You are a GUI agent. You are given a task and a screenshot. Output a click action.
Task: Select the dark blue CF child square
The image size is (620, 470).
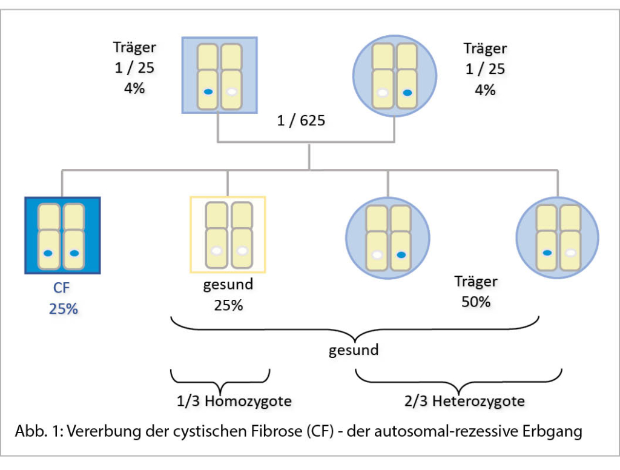point(62,236)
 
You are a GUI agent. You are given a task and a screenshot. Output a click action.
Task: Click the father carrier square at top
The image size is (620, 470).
point(220,75)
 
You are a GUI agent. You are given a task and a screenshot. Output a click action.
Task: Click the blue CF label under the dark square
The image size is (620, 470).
point(62,288)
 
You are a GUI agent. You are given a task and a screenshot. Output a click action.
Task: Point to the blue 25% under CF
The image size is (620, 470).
point(63,308)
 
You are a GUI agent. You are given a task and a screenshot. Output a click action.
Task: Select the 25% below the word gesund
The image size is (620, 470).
point(228,305)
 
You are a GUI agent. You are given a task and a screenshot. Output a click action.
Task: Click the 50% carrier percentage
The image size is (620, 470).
point(476,302)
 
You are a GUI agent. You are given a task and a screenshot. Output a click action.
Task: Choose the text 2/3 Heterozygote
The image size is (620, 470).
point(464,400)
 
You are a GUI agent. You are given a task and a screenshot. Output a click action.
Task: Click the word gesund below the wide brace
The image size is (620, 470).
point(354,350)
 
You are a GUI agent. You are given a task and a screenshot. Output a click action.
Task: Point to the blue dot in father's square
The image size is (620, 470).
point(208,92)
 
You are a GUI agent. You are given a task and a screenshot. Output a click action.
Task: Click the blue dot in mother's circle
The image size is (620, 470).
point(407,93)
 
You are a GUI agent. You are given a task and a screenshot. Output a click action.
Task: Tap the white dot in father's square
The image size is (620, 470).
point(232,92)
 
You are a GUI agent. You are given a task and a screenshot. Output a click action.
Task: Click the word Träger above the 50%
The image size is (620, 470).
point(476,282)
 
